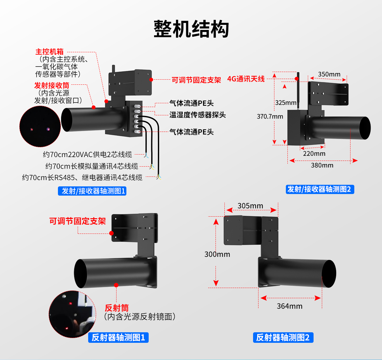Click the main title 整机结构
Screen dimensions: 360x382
point(191,29)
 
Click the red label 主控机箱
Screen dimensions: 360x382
point(49,52)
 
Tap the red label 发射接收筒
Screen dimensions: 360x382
point(52,85)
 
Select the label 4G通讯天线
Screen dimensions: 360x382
point(246,79)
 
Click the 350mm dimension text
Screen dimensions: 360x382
point(329,74)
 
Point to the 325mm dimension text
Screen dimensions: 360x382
point(286,103)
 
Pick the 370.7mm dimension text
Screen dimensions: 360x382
point(270,117)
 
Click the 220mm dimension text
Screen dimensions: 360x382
point(314,154)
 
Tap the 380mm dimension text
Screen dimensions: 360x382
point(322,165)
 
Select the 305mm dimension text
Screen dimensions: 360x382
point(250,206)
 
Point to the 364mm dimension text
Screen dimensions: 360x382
point(289,306)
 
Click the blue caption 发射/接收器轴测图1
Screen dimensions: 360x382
point(92,191)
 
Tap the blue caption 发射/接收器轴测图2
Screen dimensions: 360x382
point(320,189)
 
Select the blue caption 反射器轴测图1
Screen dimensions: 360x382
point(118,337)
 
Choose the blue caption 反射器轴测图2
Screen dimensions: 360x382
point(283,337)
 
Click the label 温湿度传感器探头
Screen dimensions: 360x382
point(197,115)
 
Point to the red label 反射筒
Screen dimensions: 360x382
point(117,308)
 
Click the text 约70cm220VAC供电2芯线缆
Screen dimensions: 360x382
point(87,155)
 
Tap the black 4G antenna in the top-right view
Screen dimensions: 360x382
point(298,86)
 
